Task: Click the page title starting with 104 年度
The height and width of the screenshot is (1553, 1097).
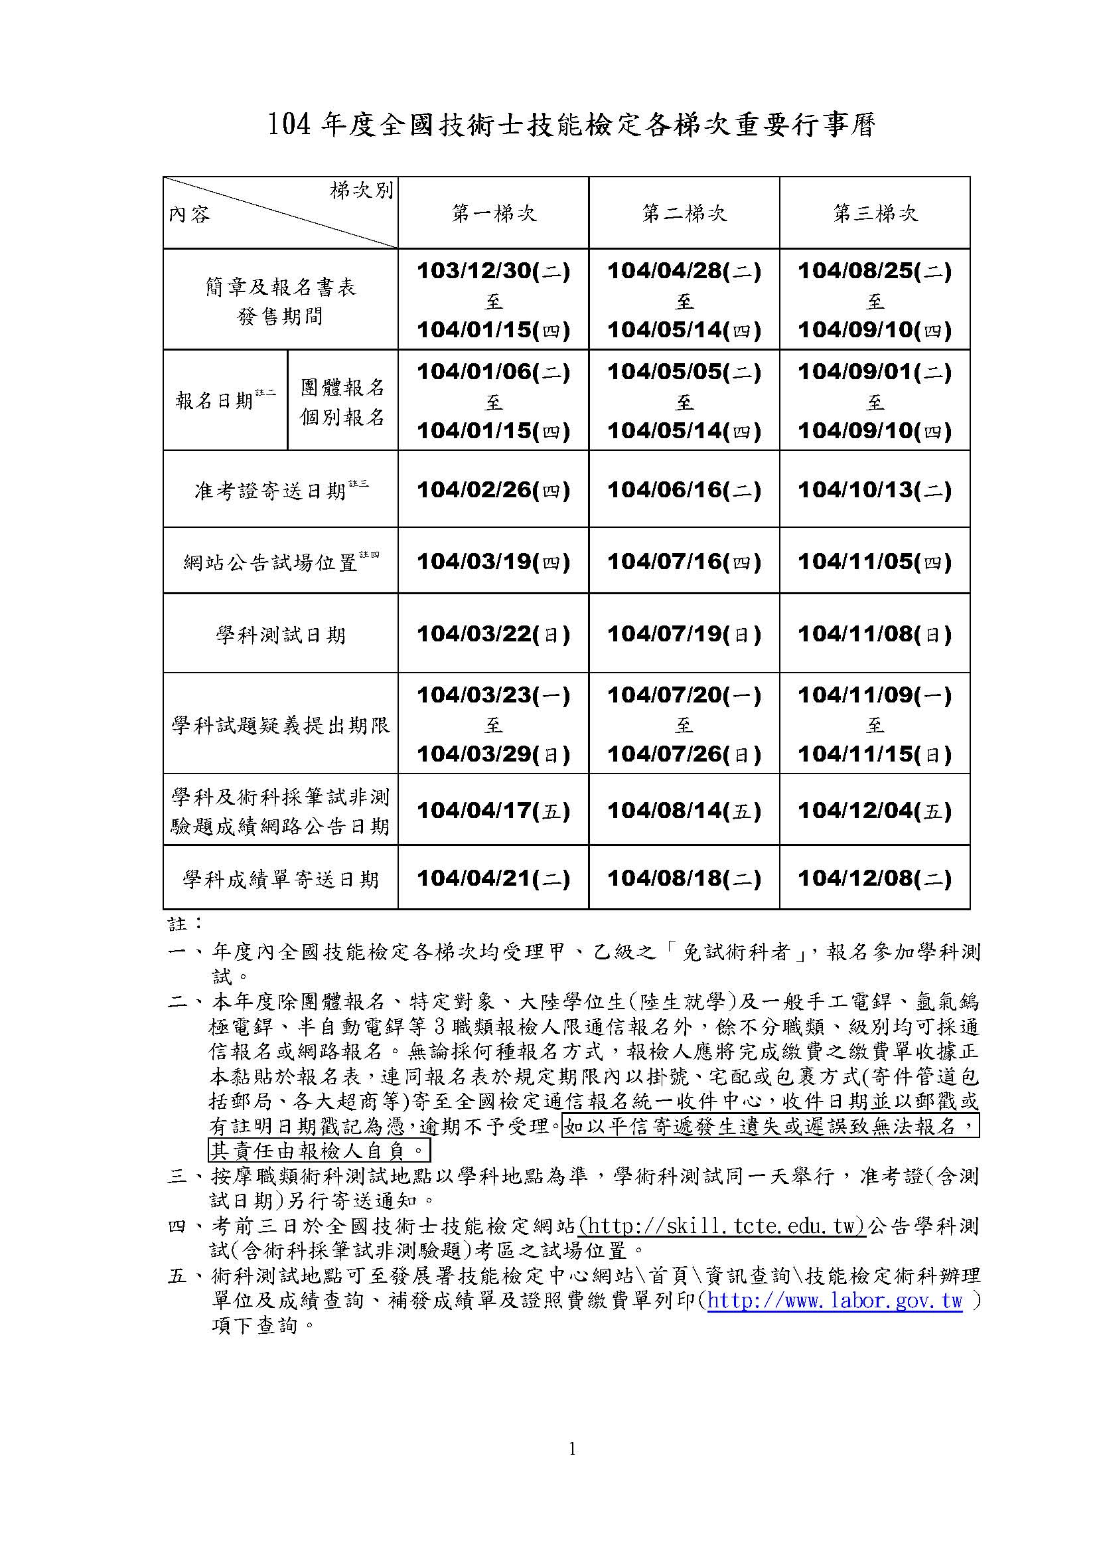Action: click(571, 125)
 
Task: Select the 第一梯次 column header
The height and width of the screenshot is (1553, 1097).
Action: click(493, 214)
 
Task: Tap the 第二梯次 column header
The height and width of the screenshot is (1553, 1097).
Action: click(684, 214)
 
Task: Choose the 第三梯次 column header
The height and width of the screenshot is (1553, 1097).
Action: click(875, 214)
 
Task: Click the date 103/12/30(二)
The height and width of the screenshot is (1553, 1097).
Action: click(493, 272)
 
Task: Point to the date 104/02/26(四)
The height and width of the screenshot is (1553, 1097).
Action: click(493, 490)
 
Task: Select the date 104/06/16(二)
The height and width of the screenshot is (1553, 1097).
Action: click(684, 490)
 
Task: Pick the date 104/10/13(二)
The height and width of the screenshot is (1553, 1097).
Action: click(875, 490)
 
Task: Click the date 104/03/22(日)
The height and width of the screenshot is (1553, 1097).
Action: click(493, 634)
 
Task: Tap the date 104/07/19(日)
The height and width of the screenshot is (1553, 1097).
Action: click(684, 634)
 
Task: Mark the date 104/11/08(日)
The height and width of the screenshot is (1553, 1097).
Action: click(875, 634)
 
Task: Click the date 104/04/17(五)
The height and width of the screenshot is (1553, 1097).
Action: click(493, 809)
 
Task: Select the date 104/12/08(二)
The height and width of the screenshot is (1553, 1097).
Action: click(875, 878)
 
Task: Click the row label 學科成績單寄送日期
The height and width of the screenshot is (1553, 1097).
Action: click(281, 878)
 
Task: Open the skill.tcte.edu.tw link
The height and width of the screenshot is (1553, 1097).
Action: click(723, 1226)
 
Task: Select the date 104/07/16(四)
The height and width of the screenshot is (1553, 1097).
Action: click(684, 562)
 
